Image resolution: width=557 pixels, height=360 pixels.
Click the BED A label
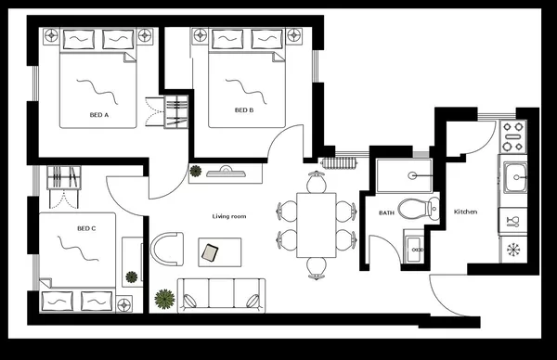pyautogui.click(x=99, y=115)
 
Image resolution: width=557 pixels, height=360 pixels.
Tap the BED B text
pyautogui.click(x=243, y=109)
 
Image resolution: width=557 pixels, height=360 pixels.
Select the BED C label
pyautogui.click(x=86, y=227)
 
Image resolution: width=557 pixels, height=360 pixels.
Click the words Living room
pyautogui.click(x=229, y=216)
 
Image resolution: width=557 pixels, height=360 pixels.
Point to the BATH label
pyautogui.click(x=387, y=212)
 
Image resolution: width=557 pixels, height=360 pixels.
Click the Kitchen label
pyautogui.click(x=465, y=212)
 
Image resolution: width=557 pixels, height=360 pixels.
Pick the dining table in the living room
pyautogui.click(x=317, y=224)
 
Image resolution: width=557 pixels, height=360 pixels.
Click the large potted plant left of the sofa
pyautogui.click(x=165, y=298)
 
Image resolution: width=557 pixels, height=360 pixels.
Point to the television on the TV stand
pyautogui.click(x=226, y=170)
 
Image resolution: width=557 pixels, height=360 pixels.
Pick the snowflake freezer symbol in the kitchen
pyautogui.click(x=512, y=249)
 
